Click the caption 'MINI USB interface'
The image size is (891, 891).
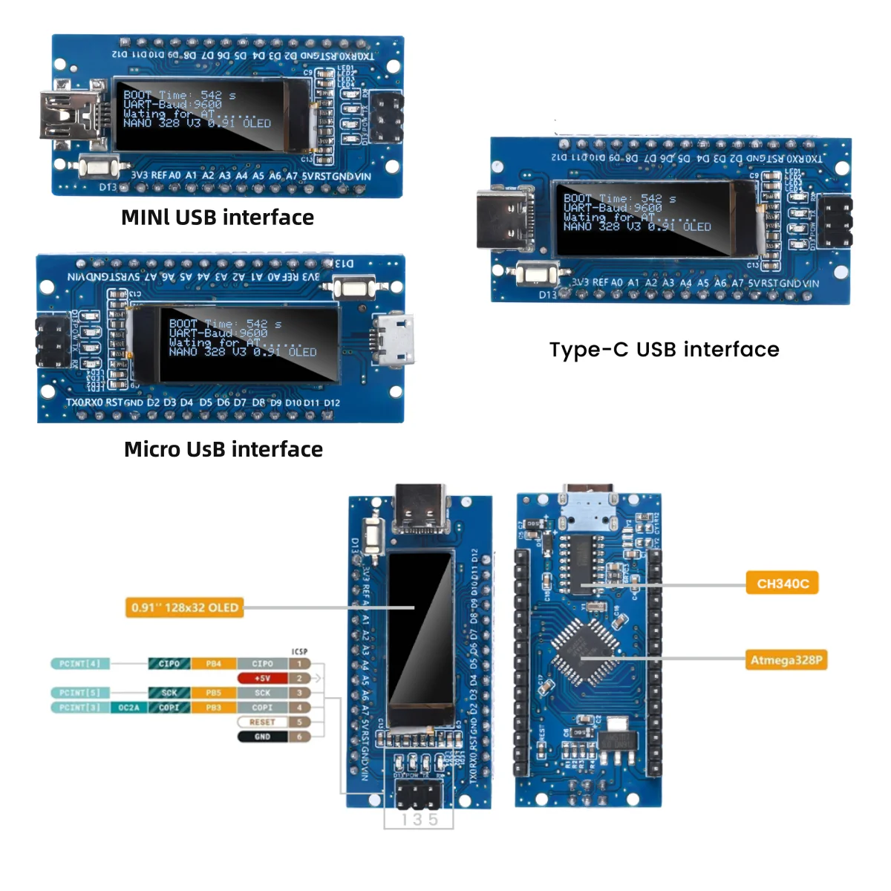(x=218, y=218)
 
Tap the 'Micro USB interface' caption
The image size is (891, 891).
(x=223, y=449)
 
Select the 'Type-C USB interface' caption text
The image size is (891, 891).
(x=664, y=350)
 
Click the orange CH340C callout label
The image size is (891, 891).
(x=782, y=584)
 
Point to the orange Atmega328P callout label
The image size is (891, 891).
(x=786, y=660)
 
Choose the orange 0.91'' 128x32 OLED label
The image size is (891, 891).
(x=185, y=607)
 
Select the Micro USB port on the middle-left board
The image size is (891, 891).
(x=394, y=340)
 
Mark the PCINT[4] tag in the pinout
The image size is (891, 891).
(x=79, y=663)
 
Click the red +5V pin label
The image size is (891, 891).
(x=262, y=678)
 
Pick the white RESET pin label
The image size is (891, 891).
(x=262, y=722)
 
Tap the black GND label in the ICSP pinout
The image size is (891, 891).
(x=262, y=737)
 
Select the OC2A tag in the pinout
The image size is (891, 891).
(x=129, y=708)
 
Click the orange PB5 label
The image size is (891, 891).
(x=213, y=693)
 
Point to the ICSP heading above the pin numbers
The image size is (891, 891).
(x=299, y=651)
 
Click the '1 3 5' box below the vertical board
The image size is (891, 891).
(x=419, y=820)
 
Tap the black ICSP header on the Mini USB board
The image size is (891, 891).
(x=388, y=117)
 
